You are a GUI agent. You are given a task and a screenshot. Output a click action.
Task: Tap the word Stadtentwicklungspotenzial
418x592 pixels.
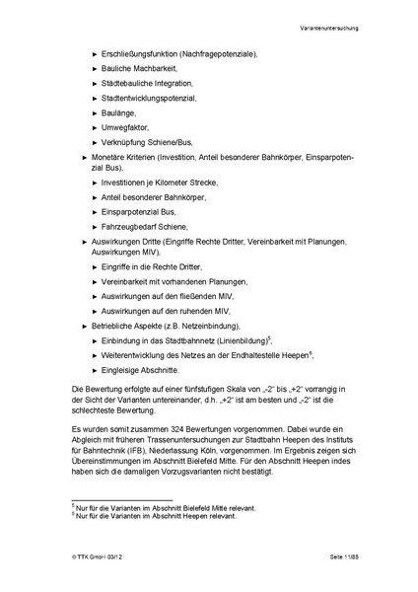coord(149,99)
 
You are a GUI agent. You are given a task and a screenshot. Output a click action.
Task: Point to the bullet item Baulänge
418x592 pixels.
coord(119,113)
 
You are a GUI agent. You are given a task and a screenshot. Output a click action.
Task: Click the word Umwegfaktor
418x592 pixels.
coord(127,129)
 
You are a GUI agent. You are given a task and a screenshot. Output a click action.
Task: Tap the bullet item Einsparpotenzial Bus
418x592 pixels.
coord(139,212)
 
